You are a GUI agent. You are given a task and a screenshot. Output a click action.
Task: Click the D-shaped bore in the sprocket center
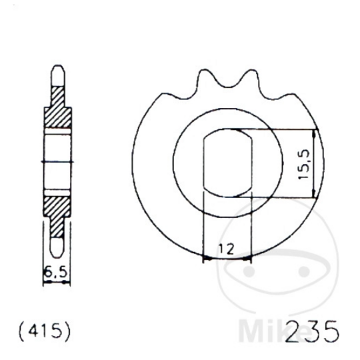[226, 164]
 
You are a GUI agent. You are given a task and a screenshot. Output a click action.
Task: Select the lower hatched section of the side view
[56, 212]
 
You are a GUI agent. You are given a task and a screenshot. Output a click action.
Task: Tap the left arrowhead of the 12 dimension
[205, 257]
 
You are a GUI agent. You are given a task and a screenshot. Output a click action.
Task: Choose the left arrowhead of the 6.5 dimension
[46, 281]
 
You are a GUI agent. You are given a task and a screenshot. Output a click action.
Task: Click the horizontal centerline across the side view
[57, 163]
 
